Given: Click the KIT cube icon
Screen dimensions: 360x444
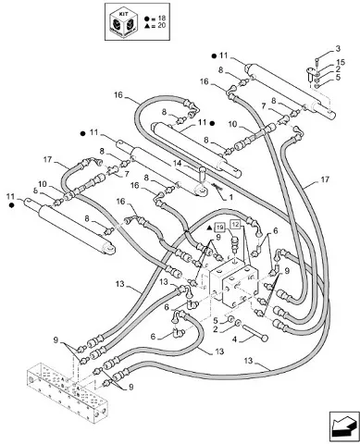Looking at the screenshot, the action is [x=124, y=21].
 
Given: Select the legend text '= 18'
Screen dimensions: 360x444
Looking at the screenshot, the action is [x=158, y=18].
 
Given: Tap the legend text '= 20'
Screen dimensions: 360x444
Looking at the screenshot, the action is [x=158, y=26].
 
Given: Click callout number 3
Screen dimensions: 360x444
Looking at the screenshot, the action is [x=338, y=48].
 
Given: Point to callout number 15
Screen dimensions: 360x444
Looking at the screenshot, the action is [x=341, y=63].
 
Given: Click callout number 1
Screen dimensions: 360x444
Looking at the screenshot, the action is [x=230, y=197].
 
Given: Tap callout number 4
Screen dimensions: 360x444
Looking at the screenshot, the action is [x=234, y=339].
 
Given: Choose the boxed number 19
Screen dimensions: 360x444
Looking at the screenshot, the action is [x=219, y=228].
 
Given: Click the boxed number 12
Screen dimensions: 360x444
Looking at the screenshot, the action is [x=235, y=224].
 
